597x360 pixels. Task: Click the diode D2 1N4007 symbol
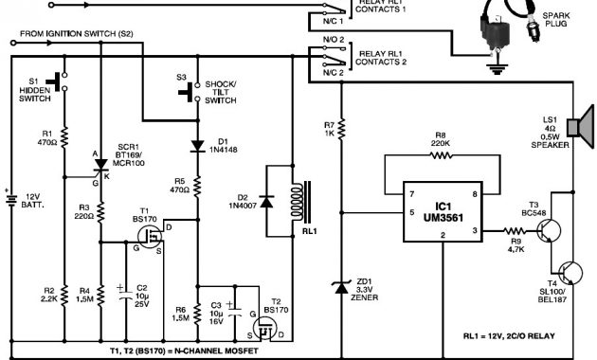(x=269, y=202)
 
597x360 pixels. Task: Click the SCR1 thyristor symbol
(x=99, y=167)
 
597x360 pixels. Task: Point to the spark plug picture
(x=503, y=38)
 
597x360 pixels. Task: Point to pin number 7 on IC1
(x=412, y=193)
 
